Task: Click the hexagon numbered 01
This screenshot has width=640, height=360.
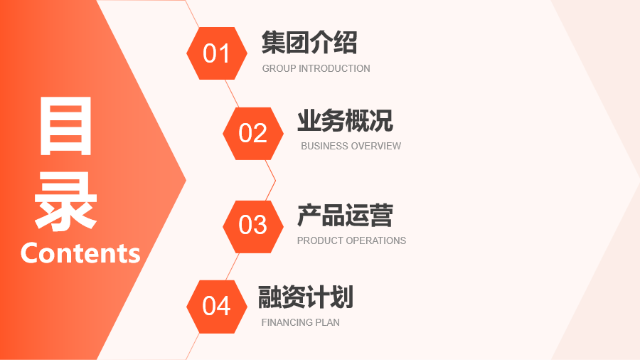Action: pyautogui.click(x=217, y=53)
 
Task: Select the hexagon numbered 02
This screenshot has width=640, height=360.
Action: pyautogui.click(x=253, y=134)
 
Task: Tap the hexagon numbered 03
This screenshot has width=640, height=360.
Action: pyautogui.click(x=253, y=226)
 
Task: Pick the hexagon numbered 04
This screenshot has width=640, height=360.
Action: pyautogui.click(x=217, y=307)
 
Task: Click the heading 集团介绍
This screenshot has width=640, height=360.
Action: pyautogui.click(x=309, y=43)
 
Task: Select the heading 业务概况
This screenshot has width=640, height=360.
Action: pyautogui.click(x=346, y=121)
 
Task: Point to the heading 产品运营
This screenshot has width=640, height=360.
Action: pyautogui.click(x=346, y=215)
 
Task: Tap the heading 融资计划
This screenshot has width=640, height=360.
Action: pyautogui.click(x=306, y=297)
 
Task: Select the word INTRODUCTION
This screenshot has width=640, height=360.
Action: pyautogui.click(x=335, y=68)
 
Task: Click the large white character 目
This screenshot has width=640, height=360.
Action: pyautogui.click(x=65, y=126)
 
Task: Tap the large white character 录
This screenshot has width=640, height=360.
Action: pyautogui.click(x=65, y=201)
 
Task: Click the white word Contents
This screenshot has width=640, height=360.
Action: pyautogui.click(x=80, y=253)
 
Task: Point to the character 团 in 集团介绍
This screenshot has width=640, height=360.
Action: pyautogui.click(x=297, y=43)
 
